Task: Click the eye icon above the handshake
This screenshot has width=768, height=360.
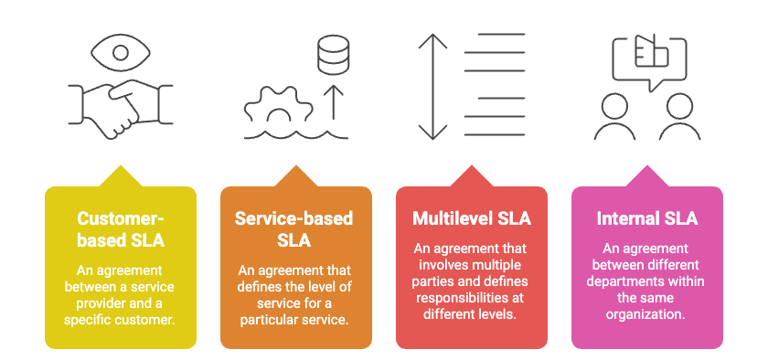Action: (x=120, y=51)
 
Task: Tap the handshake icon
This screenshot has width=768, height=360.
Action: (x=120, y=108)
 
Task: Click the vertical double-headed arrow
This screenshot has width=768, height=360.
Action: (x=428, y=86)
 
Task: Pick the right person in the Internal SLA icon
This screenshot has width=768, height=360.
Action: (x=679, y=118)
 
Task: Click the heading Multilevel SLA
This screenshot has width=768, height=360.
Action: (x=471, y=219)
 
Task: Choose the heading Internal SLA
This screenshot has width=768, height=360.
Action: (x=646, y=219)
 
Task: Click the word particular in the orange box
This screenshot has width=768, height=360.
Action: (x=270, y=319)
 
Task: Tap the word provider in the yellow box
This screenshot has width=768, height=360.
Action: (x=96, y=303)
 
